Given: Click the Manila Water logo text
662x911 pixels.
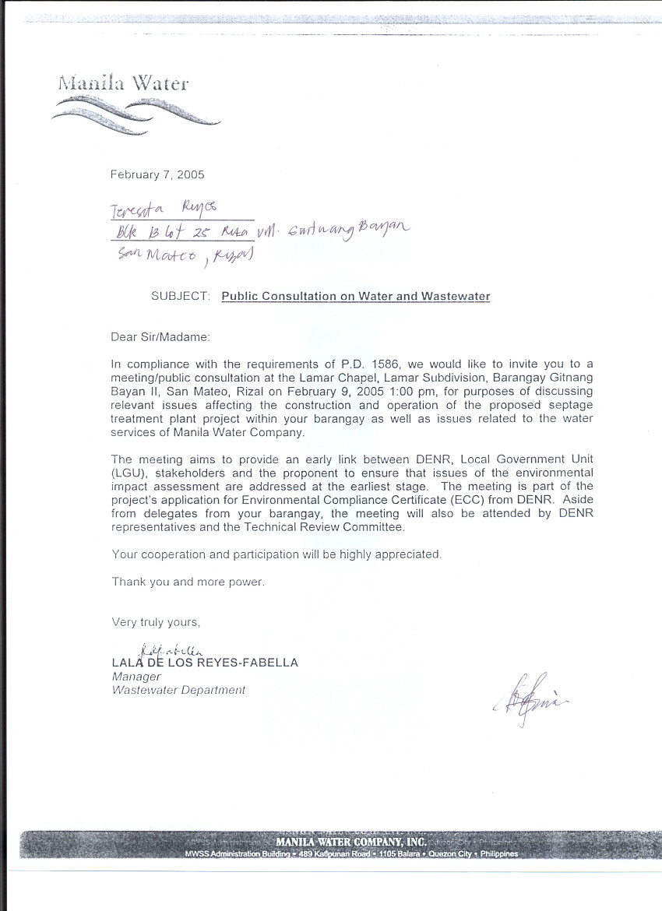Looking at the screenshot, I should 123,83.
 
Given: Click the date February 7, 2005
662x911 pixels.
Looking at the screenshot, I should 158,174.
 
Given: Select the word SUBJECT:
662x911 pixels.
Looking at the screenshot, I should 181,296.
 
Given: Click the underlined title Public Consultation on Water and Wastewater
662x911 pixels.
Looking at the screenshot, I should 356,296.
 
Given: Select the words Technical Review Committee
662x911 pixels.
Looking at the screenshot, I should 336,527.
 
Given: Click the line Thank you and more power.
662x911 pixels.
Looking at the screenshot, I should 188,582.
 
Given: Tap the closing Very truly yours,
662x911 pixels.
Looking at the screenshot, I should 157,622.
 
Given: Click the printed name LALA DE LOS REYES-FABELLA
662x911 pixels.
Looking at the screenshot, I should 205,663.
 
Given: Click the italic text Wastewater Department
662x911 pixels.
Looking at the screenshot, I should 179,690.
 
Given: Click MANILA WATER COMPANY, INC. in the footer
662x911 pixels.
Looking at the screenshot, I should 351,842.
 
